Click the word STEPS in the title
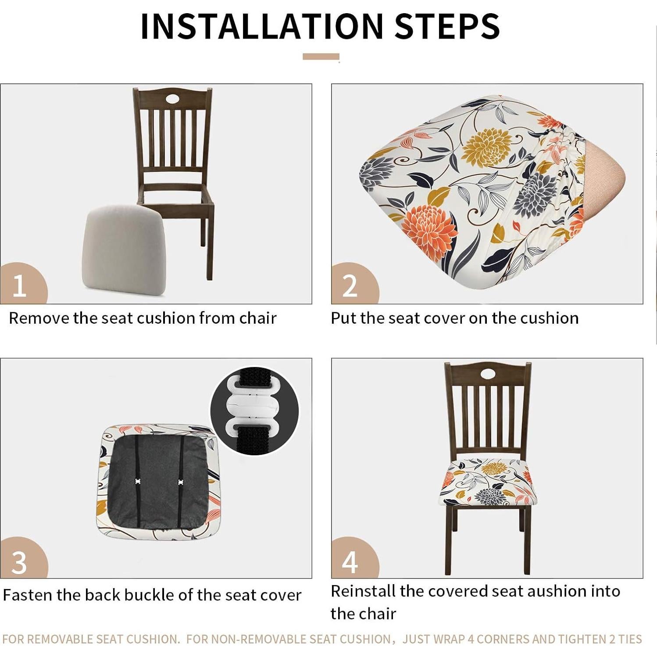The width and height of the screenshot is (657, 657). click(x=447, y=26)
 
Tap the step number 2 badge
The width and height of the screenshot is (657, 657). click(x=351, y=285)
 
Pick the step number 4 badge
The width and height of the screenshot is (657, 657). click(x=351, y=561)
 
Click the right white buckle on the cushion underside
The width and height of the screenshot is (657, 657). click(x=180, y=482)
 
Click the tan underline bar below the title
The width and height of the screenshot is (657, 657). click(x=321, y=57)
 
